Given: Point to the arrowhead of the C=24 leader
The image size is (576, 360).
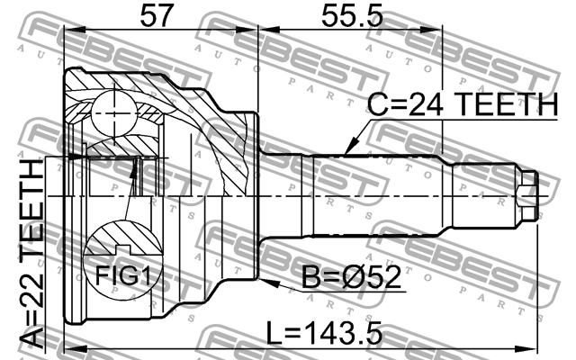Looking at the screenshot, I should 348,149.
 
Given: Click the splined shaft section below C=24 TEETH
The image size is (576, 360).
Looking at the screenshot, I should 378,193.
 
